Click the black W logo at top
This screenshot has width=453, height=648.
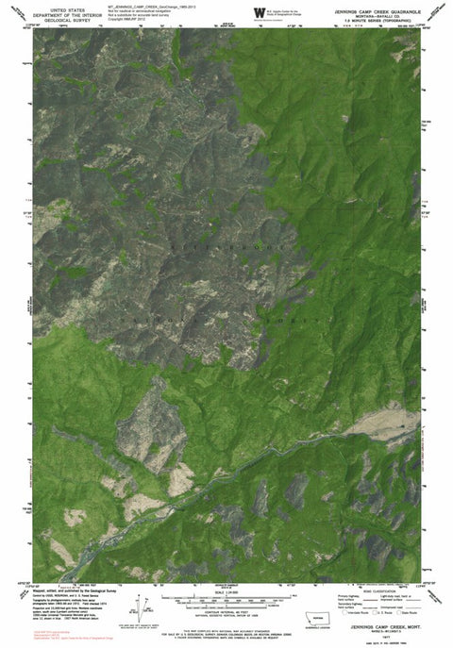[x=258, y=12]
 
